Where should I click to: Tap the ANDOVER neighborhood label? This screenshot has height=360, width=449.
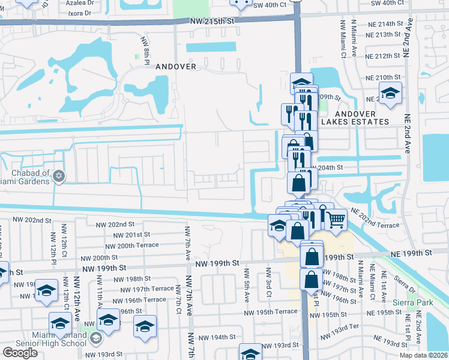point(176,67)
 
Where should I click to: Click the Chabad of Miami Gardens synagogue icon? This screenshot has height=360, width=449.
point(58,176)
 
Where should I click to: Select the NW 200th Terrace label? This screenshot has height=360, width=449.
point(131,245)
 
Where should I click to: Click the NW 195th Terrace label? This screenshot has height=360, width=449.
point(271,311)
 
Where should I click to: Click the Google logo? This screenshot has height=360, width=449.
point(20,353)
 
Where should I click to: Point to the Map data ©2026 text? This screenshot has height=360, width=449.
point(423,355)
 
